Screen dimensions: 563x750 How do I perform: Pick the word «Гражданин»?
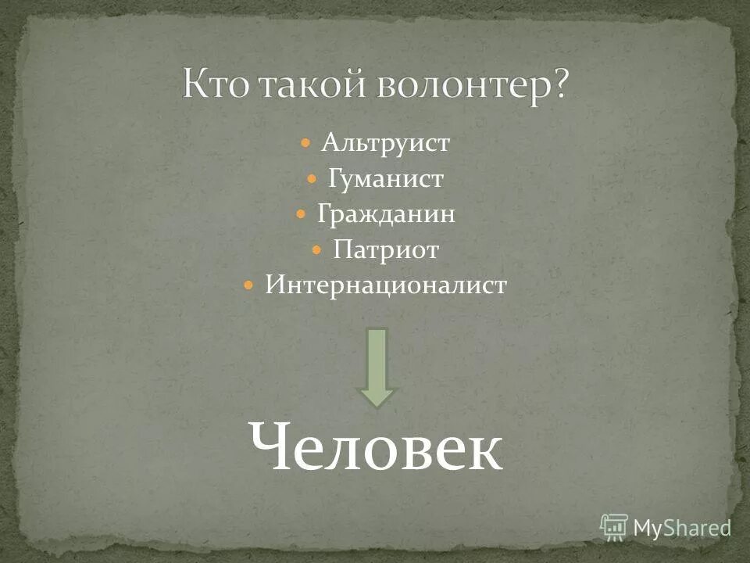[386, 214]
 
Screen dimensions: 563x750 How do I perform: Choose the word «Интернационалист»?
[386, 285]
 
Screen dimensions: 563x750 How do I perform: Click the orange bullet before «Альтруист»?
[306, 144]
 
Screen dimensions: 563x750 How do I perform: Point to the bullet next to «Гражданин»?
[301, 214]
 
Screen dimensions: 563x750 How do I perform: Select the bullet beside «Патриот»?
[316, 250]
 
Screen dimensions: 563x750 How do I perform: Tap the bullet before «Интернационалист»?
[248, 285]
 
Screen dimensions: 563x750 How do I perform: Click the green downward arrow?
[378, 366]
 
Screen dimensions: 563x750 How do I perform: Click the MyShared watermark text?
[682, 528]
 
